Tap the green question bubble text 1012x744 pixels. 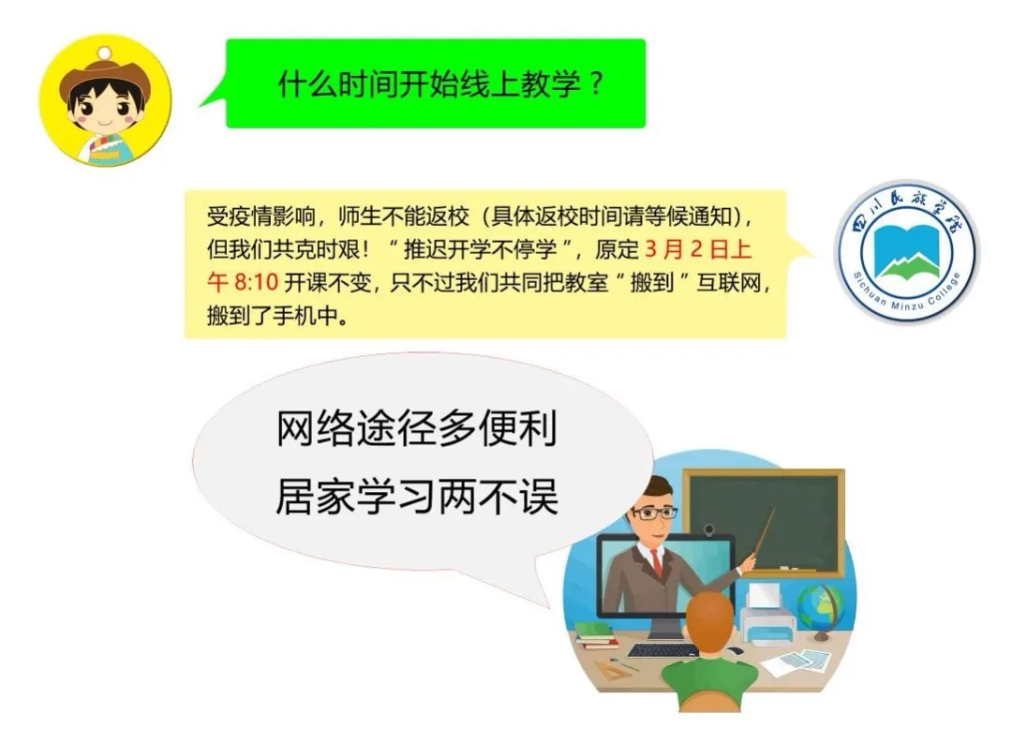point(440,84)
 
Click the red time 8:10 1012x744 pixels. point(256,282)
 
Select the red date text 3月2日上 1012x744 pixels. point(698,249)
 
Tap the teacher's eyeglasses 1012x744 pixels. point(654,513)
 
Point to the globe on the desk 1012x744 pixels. point(820,610)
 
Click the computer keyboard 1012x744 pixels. point(662,650)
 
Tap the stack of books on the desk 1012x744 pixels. point(595,635)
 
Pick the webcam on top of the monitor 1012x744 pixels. point(708,530)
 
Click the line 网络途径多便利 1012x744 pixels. point(417,428)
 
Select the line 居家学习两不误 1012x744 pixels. point(417,497)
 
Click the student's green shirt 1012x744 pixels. point(709,677)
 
